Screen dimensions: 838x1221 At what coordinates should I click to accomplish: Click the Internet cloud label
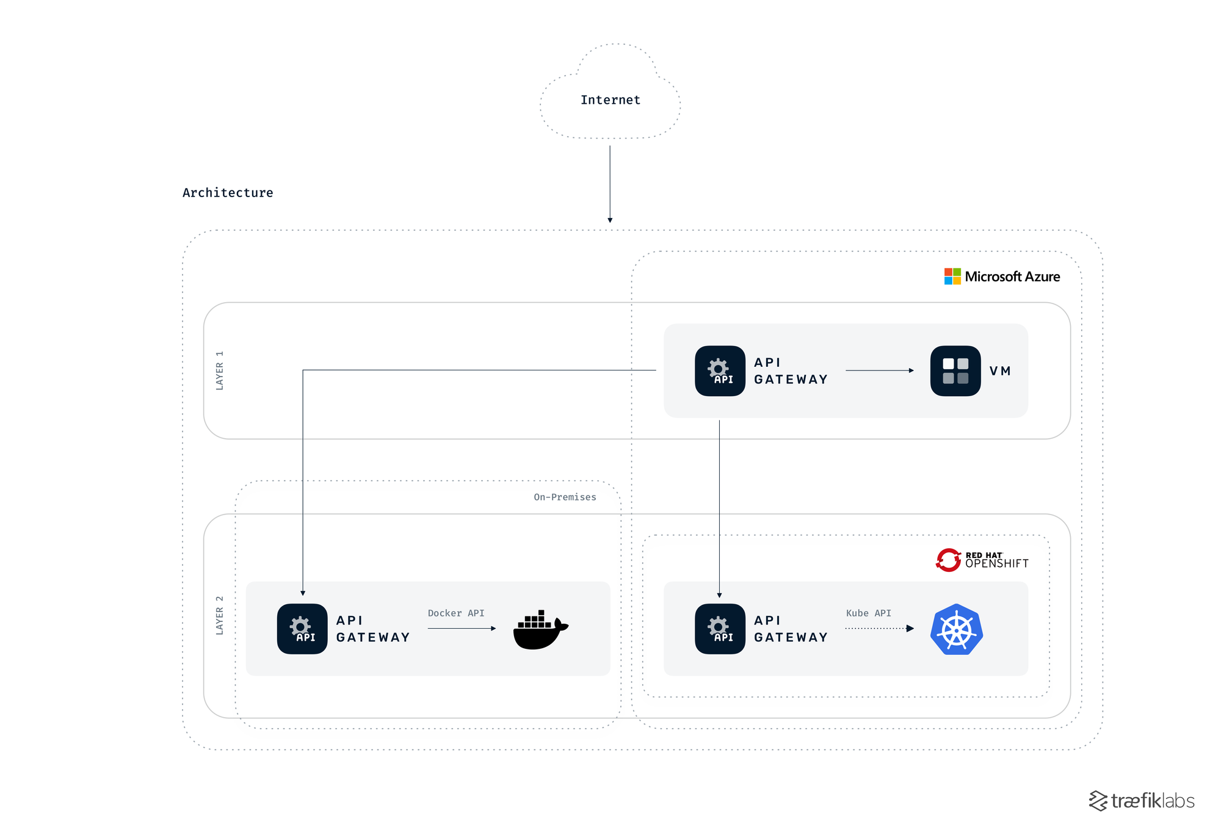tap(610, 100)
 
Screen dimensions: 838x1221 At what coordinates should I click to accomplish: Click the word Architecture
tap(228, 193)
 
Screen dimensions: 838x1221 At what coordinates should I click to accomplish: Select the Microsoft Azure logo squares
tap(952, 276)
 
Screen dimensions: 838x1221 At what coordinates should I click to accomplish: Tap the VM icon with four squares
tap(955, 371)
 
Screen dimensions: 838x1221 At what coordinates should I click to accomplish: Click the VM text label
tap(1000, 371)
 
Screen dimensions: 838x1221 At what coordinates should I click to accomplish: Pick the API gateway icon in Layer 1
tap(720, 371)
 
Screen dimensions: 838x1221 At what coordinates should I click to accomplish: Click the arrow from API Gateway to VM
tap(879, 370)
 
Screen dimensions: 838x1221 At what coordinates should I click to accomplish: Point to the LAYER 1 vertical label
tap(220, 370)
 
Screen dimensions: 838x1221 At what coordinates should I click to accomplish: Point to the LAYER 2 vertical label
tap(220, 615)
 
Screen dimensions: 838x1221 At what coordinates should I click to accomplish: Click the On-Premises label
tap(565, 497)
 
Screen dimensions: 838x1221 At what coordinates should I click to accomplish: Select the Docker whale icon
tap(540, 630)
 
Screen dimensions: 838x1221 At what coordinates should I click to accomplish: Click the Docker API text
tap(455, 613)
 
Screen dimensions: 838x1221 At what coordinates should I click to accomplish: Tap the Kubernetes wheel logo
tap(956, 629)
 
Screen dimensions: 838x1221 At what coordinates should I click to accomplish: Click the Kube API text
tap(868, 613)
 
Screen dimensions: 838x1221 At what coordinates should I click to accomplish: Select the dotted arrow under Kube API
tap(879, 628)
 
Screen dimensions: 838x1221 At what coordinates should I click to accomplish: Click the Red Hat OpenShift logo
tap(982, 560)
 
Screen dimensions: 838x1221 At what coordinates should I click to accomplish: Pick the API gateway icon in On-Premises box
tap(302, 629)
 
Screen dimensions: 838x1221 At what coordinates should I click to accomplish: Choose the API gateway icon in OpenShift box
tap(720, 629)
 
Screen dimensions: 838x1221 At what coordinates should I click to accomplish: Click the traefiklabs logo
tap(1142, 801)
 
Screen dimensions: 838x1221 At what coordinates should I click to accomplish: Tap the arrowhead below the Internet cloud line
tap(610, 220)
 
